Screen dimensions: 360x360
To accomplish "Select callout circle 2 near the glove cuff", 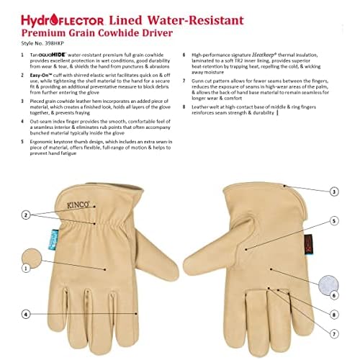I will (27, 214).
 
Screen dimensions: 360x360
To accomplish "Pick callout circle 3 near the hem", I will (334, 192).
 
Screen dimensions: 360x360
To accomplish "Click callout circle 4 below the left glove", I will (27, 313).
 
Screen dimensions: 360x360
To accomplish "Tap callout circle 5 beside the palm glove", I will (334, 220).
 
